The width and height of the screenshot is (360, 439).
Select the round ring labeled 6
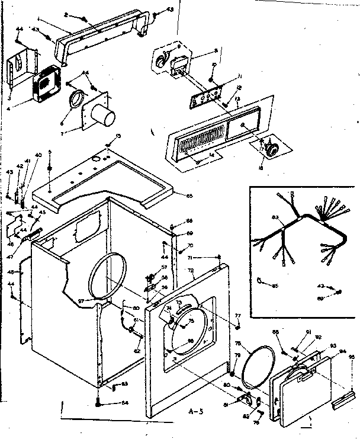pos(76,100)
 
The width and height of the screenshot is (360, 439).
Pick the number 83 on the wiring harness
pos(274,219)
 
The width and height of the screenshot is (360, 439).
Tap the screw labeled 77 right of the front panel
pos(237,325)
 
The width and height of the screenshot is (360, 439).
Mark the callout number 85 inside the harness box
pos(274,286)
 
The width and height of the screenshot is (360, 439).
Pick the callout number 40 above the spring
pos(39,155)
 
